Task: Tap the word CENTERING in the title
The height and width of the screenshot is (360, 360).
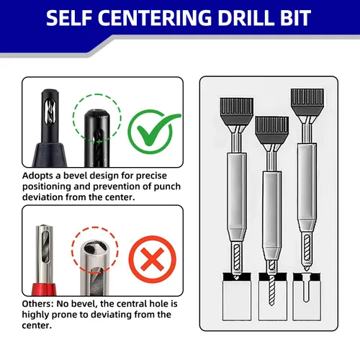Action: point(155,18)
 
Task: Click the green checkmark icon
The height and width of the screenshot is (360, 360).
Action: point(153,131)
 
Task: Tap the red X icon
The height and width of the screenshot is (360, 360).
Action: point(153,260)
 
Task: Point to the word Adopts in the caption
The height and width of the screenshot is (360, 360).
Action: point(37,176)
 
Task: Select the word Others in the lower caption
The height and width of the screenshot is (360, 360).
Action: point(37,304)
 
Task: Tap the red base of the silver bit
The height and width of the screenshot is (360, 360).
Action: point(44,289)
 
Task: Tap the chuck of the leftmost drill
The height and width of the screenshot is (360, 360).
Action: point(237,112)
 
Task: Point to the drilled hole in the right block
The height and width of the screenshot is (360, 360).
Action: point(306,288)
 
